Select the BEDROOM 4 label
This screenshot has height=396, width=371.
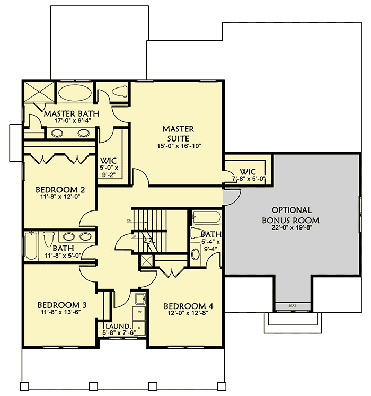click(188, 306)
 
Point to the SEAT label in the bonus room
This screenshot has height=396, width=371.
click(292, 306)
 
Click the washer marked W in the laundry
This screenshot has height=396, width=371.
click(139, 313)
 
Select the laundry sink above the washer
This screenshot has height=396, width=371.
click(140, 299)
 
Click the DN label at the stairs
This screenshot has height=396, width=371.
click(129, 219)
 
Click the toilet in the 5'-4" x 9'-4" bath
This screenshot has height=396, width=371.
click(195, 253)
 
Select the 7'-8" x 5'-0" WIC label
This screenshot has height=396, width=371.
click(248, 172)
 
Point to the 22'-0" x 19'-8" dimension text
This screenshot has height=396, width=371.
click(291, 227)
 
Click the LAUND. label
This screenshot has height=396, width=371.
click(114, 326)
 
